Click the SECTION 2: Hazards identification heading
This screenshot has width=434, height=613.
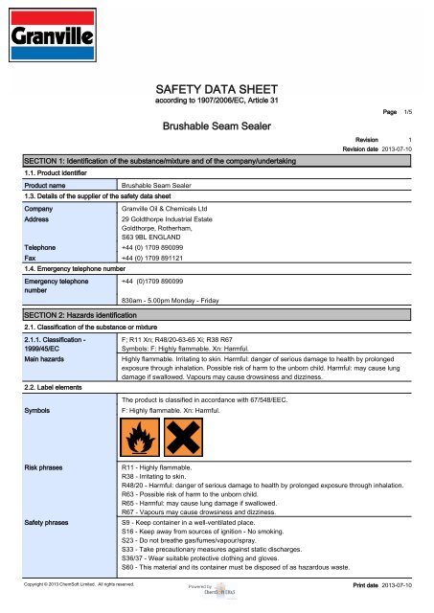87,314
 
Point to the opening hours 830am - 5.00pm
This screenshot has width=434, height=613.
184,300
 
